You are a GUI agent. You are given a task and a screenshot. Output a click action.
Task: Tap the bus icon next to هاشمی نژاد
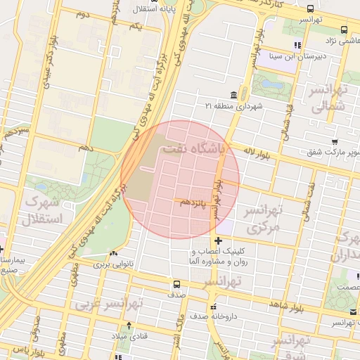tap(344, 30)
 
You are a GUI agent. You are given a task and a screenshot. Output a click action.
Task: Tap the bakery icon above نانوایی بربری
tap(113, 253)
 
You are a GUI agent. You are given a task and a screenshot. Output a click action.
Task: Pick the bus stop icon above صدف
tap(176, 285)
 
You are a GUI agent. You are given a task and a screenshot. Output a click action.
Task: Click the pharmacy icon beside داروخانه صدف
tap(214, 307)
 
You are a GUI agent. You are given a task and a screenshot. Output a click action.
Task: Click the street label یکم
tap(136, 27)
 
